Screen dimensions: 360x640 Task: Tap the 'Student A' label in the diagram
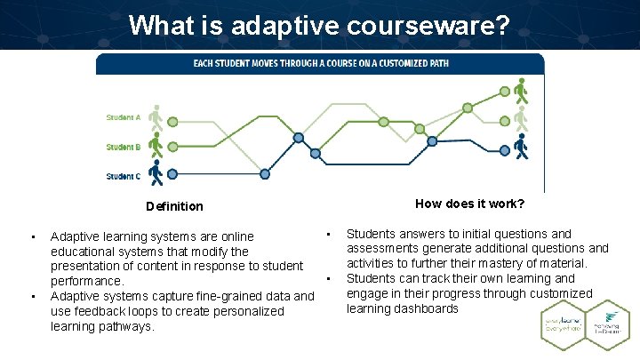click(x=123, y=117)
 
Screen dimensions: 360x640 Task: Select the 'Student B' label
click(x=123, y=147)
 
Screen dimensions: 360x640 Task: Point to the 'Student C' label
click(x=123, y=176)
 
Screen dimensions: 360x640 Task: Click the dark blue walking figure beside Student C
click(x=156, y=172)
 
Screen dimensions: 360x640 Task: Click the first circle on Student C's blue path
click(x=172, y=174)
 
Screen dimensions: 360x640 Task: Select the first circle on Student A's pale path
click(x=172, y=121)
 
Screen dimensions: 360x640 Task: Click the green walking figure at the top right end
click(x=521, y=91)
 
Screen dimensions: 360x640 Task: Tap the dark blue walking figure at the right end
click(x=521, y=147)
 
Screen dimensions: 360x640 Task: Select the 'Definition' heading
click(x=174, y=206)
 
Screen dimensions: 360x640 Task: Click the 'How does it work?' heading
click(x=469, y=204)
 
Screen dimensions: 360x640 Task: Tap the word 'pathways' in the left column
click(x=129, y=326)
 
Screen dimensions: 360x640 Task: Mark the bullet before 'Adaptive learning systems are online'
click(x=32, y=236)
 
